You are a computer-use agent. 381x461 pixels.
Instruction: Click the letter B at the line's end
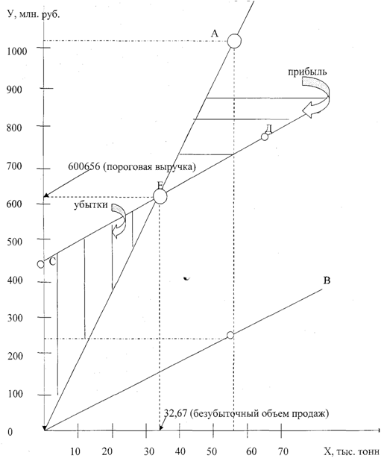point(327,280)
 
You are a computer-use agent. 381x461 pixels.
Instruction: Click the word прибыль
point(307,72)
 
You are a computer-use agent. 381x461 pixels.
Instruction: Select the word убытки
point(90,205)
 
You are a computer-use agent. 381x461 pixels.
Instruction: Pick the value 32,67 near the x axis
point(175,414)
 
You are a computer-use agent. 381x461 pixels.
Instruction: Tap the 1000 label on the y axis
point(17,51)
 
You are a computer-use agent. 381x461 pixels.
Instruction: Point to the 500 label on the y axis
point(14,242)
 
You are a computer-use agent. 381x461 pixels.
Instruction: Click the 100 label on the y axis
point(15,394)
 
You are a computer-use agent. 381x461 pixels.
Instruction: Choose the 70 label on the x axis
point(283,451)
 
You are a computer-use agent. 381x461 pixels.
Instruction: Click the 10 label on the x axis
point(75,451)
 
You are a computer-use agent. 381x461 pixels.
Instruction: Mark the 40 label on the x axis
point(180,451)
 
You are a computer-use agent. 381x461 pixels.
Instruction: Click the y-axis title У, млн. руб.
point(34,14)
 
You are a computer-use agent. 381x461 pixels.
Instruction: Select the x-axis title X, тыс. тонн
point(351,451)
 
